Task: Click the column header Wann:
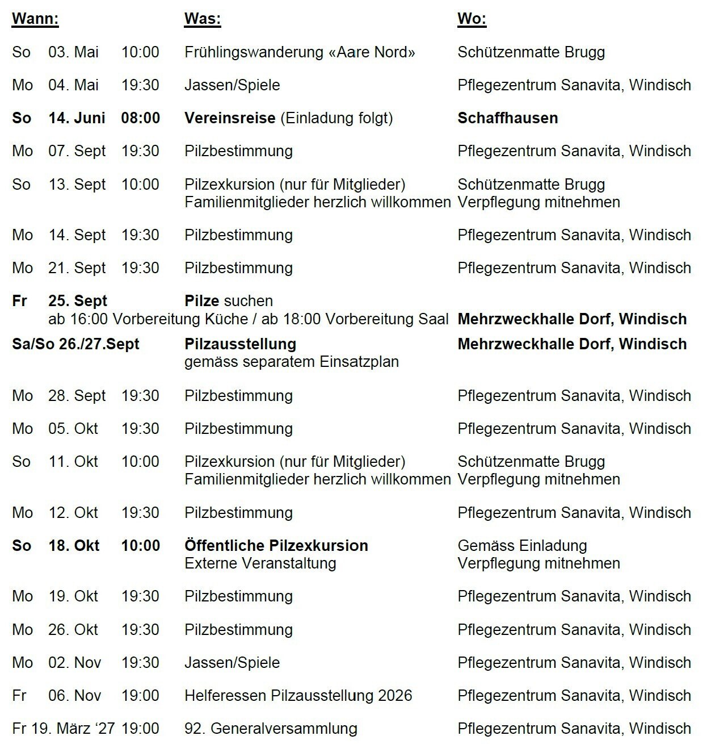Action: coord(35,19)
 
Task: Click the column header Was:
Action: coord(202,19)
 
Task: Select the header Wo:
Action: coord(472,19)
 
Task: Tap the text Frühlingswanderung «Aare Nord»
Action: coord(300,52)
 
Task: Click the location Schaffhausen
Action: coord(507,118)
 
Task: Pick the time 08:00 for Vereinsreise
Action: coord(140,118)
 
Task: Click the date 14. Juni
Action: coord(77,118)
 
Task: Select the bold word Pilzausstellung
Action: coord(240,344)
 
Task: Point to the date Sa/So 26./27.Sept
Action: coord(75,344)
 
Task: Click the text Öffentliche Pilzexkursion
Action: coord(276,546)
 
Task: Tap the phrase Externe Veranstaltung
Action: coord(260,563)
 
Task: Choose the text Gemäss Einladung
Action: coord(522,546)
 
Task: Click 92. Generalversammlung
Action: coord(271,729)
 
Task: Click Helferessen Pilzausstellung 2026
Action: coord(298,696)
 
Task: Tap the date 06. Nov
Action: coord(74,696)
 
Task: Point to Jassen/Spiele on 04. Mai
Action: coord(232,85)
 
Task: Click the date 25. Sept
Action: coord(77,301)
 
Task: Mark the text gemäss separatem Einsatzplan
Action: coord(291,362)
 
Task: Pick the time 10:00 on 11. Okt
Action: coord(140,462)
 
